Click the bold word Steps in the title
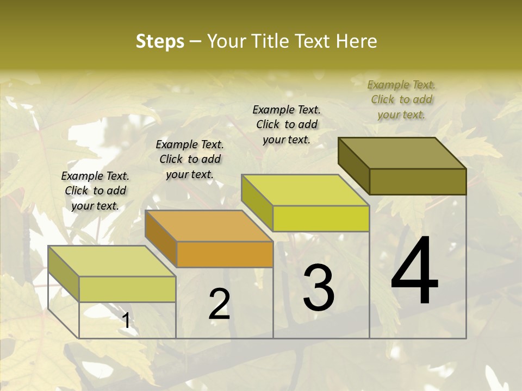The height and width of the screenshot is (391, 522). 160,41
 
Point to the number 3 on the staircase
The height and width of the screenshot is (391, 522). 319,287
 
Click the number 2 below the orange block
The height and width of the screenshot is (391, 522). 219,304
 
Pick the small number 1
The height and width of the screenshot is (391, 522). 126,321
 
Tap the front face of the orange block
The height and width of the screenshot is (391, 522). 225,254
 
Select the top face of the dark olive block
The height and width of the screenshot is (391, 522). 402,153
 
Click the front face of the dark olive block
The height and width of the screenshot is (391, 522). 418,181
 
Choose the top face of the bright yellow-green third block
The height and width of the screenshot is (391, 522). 305,190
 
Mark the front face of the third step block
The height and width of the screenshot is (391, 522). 321,218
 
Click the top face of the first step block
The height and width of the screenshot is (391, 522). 112,261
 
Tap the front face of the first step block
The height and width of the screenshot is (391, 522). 127,289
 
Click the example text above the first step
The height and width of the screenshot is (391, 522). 95,191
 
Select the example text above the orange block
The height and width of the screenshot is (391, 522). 190,159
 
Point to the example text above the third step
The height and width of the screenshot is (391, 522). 287,124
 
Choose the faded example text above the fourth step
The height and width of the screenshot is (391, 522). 401,99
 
